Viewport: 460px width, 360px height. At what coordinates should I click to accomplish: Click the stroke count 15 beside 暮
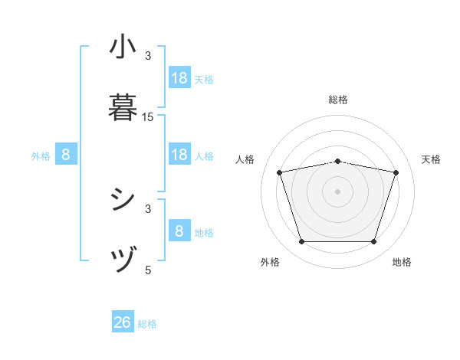tap(148, 116)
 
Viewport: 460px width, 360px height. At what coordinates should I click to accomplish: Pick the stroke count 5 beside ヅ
tap(148, 269)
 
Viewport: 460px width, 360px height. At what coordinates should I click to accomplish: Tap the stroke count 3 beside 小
tap(148, 55)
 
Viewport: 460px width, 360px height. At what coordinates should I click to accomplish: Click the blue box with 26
tap(123, 322)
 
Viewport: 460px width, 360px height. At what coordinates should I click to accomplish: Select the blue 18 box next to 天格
tap(179, 78)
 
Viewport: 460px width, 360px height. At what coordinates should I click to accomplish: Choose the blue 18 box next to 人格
tap(179, 155)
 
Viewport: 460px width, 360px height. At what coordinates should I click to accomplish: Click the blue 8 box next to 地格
tap(179, 231)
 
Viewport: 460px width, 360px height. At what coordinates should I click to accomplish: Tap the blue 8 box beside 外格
tap(66, 155)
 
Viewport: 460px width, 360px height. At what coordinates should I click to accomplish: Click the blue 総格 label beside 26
tap(148, 324)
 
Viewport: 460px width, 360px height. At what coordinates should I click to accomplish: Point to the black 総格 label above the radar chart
tap(338, 100)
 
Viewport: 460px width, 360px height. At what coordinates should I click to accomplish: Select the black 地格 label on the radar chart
tap(402, 262)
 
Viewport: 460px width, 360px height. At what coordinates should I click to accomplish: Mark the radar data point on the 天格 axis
tap(396, 172)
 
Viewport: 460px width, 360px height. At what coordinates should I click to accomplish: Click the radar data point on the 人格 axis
tap(279, 172)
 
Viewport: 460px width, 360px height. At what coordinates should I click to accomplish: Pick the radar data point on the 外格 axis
tap(301, 242)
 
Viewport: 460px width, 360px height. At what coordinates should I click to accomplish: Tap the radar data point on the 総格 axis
tap(337, 161)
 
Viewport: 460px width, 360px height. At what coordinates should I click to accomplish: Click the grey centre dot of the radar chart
tap(337, 191)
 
